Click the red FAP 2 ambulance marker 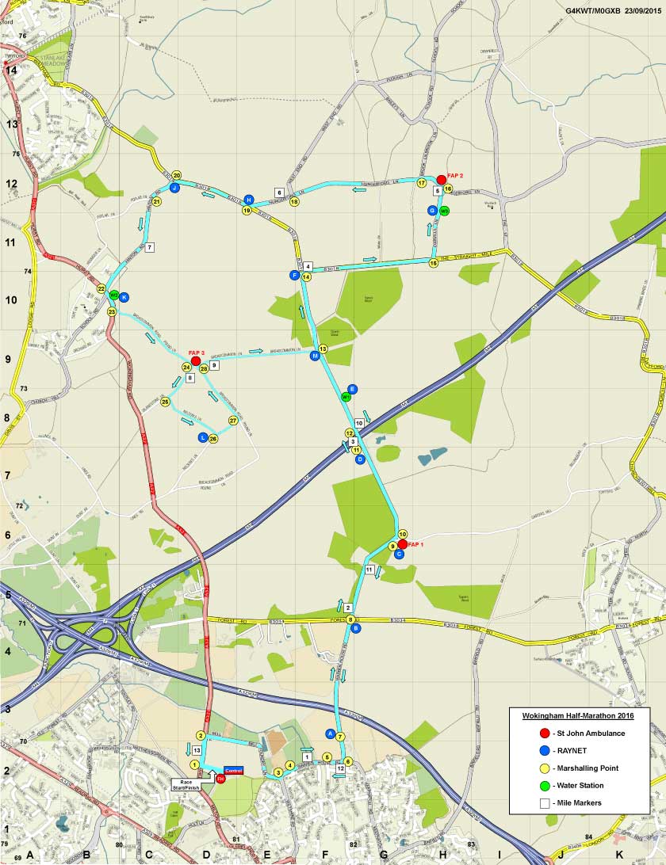(441, 179)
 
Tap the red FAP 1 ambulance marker (402, 544)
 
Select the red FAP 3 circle (196, 360)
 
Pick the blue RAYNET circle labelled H (248, 200)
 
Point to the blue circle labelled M (315, 356)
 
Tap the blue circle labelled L (203, 437)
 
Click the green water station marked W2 (113, 295)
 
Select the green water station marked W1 (346, 397)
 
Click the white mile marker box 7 (149, 247)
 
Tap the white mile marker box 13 (197, 749)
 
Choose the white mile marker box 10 (359, 424)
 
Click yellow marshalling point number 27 (233, 421)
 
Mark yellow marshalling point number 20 (177, 175)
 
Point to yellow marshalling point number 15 (434, 263)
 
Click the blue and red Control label (233, 770)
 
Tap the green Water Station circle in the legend (544, 786)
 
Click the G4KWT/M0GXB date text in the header (614, 12)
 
